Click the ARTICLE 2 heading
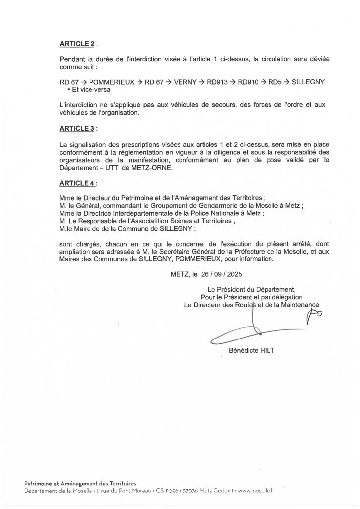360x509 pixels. click(77, 45)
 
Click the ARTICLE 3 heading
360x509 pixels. click(77, 129)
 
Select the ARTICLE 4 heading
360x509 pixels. click(77, 183)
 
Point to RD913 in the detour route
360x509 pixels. click(219, 82)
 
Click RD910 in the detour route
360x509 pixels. click(251, 82)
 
